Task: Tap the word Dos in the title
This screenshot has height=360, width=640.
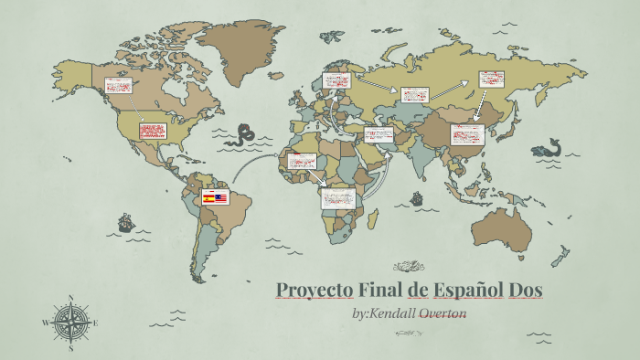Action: coord(526,291)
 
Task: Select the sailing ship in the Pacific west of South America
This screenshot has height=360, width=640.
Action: coord(125,222)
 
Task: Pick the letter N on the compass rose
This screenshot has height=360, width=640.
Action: coord(70,298)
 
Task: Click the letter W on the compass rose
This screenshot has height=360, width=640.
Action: coord(45,323)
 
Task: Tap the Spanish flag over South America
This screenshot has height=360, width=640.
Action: coord(208,197)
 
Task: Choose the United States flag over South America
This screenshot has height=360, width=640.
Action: coord(221,197)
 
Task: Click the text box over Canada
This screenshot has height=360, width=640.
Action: coord(118,86)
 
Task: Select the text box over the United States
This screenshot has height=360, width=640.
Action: coord(152,131)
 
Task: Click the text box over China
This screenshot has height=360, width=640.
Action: coord(467,134)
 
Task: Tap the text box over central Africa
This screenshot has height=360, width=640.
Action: coord(337,197)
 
